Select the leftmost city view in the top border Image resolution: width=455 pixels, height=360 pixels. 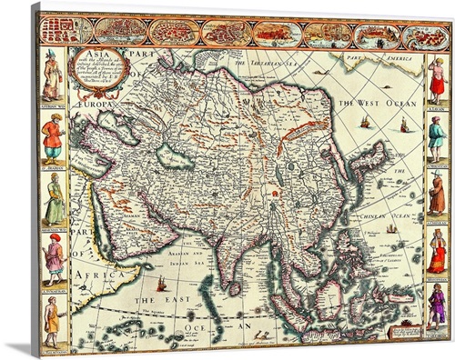pyautogui.click(x=66, y=30)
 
